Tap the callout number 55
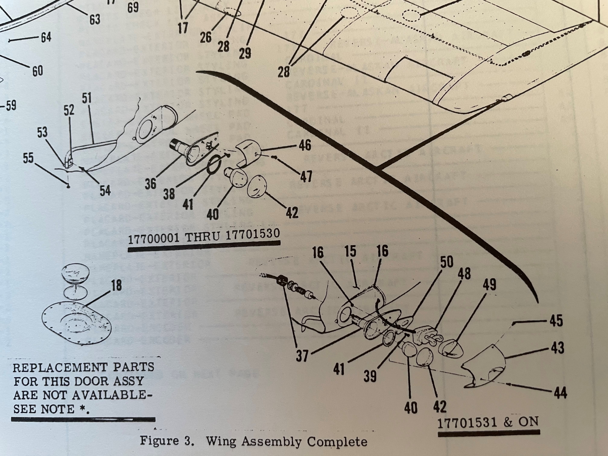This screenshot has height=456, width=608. [x=28, y=158]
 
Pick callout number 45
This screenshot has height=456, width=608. [x=556, y=321]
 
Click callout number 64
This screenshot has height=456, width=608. [x=46, y=37]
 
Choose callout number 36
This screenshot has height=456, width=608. [x=151, y=184]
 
